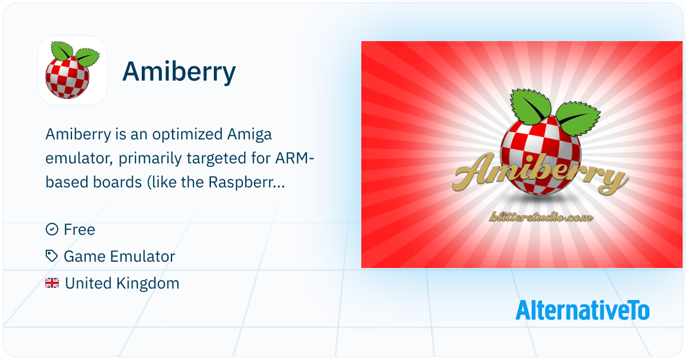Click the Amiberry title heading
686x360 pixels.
coord(179,72)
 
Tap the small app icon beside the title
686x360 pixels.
coord(73,70)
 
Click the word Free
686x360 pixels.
coord(79,230)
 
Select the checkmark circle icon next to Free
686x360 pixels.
coord(52,229)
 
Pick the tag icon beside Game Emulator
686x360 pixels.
coord(52,256)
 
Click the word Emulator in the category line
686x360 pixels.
coord(142,256)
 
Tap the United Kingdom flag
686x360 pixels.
coord(52,283)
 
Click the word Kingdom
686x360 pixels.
coord(149,283)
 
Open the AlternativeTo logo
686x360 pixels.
coord(583,310)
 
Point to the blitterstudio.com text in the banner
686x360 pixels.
coord(541,217)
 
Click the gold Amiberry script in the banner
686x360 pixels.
coord(541,174)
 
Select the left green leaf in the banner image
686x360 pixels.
coord(531,106)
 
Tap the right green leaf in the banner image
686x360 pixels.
coord(578,118)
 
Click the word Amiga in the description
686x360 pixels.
coord(249,135)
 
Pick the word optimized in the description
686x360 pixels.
coord(188,135)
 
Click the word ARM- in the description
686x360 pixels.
coord(294,159)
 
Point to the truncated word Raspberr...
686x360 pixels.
coord(246,182)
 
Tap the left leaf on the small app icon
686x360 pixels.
coord(62,51)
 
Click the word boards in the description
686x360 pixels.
coord(117,182)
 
